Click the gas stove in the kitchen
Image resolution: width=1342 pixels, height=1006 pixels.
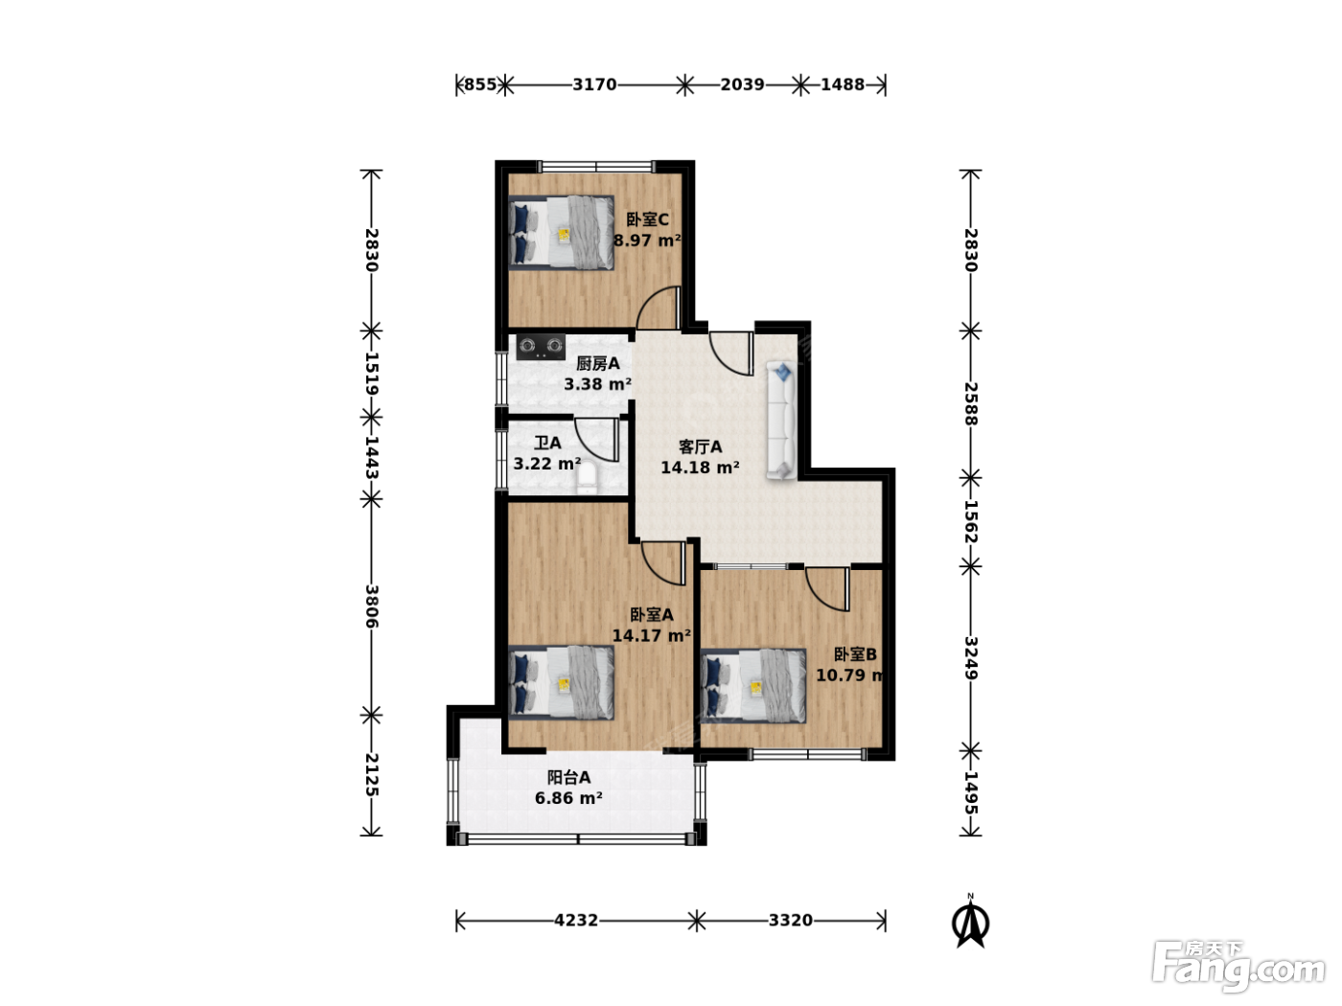point(541,346)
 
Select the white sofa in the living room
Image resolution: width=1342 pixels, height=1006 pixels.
point(781,421)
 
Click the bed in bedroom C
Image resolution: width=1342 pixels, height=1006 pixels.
point(562,232)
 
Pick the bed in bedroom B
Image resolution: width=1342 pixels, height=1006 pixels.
point(753,685)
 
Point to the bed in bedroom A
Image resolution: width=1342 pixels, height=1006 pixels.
point(562,682)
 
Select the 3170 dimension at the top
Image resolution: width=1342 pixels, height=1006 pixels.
point(594,84)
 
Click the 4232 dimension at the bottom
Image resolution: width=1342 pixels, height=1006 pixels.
point(576,920)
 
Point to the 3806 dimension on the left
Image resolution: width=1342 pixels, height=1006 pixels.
point(372,606)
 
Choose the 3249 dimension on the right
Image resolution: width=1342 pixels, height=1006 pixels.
point(971,658)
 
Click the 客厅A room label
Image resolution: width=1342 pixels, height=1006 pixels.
point(700,447)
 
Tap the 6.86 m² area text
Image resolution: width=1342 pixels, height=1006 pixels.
point(568,798)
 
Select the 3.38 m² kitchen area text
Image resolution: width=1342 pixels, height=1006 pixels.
point(597,384)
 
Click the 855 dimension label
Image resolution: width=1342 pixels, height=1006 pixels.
point(480,84)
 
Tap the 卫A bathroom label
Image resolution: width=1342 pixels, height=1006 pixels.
point(547,443)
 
